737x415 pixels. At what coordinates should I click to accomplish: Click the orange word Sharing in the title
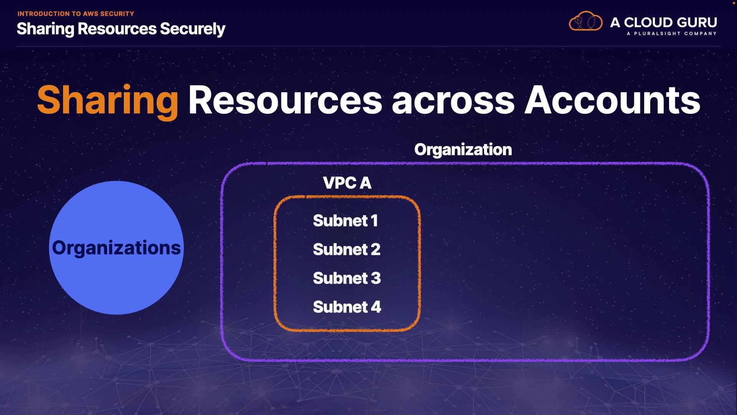(x=107, y=101)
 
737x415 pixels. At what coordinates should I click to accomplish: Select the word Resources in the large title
(x=285, y=101)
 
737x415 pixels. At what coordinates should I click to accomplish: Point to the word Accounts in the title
(x=612, y=101)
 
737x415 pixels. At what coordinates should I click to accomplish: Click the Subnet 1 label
(x=345, y=221)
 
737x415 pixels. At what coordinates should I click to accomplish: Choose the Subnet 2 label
(x=347, y=250)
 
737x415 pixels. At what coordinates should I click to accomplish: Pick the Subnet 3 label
(x=347, y=278)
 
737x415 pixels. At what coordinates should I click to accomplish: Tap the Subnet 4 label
(x=347, y=307)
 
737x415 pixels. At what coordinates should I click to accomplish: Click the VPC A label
(x=347, y=183)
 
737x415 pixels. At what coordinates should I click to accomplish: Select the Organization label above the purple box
(x=463, y=149)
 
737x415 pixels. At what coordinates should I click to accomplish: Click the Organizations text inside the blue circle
(x=116, y=248)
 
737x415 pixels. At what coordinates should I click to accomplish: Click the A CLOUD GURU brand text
(x=664, y=22)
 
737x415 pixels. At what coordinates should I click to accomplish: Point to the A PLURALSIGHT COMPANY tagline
(x=671, y=34)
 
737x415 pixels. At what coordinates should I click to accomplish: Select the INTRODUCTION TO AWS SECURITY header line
(x=76, y=14)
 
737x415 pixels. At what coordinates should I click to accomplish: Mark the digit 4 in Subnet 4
(x=376, y=307)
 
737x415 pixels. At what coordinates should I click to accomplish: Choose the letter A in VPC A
(x=365, y=183)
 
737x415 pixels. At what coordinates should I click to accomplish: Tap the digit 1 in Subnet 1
(x=374, y=221)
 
